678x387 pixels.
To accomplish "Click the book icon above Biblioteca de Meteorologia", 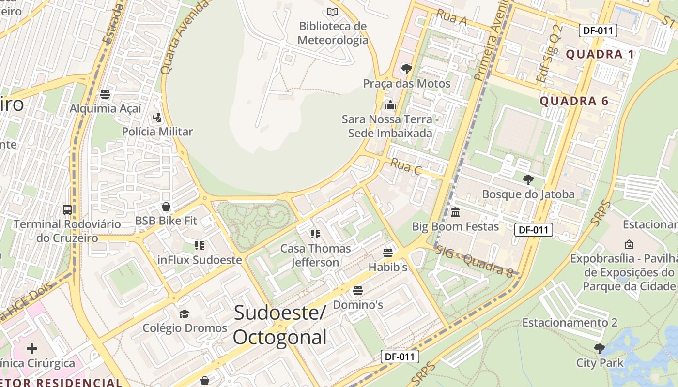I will (x=332, y=12).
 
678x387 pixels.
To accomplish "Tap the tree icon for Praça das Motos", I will (x=406, y=69).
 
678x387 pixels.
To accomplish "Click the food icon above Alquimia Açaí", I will (x=105, y=94).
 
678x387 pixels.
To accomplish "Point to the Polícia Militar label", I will (x=157, y=132).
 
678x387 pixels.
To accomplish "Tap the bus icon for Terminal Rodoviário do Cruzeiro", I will (x=67, y=210).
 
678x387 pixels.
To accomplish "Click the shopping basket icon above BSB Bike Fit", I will (x=166, y=207).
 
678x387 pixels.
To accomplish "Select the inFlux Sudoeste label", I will (x=200, y=260).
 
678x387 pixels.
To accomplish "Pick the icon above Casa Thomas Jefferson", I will (x=315, y=234).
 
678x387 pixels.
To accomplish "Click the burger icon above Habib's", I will (x=387, y=253).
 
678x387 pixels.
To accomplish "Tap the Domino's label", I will (x=358, y=305).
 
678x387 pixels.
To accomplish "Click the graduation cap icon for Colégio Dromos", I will (x=184, y=314).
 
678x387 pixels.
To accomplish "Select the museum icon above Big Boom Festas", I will (x=455, y=212).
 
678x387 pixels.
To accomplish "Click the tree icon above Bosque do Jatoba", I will (x=528, y=180).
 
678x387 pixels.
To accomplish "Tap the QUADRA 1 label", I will (x=600, y=54).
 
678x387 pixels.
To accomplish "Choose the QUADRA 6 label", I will (x=574, y=101).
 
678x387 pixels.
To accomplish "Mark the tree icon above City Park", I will (x=600, y=348).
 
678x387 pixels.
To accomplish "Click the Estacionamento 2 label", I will (x=570, y=323).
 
